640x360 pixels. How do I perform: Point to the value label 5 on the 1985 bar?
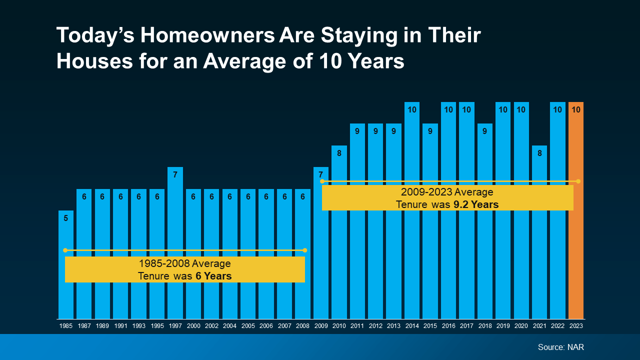point(66,218)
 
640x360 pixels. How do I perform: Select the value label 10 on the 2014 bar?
point(412,109)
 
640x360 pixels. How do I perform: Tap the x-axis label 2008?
point(302,326)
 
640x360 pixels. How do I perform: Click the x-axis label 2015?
point(430,326)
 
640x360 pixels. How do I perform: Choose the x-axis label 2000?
point(193,326)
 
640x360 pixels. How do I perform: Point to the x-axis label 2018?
point(484,326)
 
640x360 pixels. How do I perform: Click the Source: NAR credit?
point(560,347)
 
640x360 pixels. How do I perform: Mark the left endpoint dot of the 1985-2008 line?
point(65,250)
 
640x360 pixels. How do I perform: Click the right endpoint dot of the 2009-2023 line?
point(578,181)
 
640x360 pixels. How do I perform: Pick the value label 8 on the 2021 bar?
point(539,153)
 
